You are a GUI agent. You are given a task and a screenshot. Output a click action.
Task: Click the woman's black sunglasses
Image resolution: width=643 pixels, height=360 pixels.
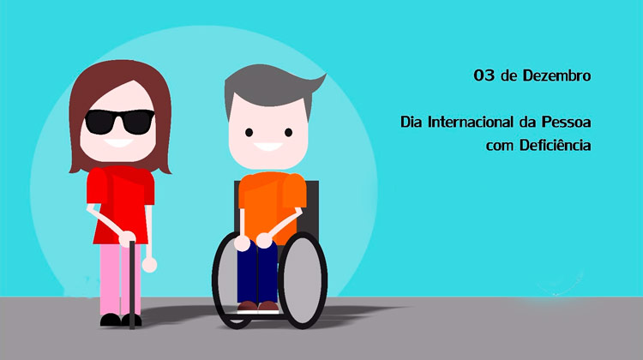(x=120, y=122)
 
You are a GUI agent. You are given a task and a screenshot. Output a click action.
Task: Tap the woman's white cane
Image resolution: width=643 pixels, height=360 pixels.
(x=132, y=285)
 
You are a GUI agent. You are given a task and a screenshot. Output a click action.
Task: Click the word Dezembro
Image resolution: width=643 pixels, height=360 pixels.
(x=556, y=75)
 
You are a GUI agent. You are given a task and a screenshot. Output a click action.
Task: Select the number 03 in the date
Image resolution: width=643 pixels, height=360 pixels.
(x=484, y=75)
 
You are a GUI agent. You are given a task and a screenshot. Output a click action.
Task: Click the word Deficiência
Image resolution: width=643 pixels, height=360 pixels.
(x=555, y=145)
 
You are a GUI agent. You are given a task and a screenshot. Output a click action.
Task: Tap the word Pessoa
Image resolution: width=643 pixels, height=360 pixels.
(x=566, y=122)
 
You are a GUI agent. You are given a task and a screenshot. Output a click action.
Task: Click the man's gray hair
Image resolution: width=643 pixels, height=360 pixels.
(x=270, y=86)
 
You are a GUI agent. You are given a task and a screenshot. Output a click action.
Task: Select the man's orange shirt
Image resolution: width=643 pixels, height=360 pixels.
(x=272, y=204)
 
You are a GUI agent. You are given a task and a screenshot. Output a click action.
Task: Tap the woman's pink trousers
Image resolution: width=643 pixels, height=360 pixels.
(x=120, y=279)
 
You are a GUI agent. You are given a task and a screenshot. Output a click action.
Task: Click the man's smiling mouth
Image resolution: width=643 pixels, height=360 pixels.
(x=267, y=147)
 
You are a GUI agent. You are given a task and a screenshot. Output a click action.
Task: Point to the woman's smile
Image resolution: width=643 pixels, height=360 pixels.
(x=118, y=142)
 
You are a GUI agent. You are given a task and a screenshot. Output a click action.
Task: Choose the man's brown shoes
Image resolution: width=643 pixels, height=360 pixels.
(x=258, y=306)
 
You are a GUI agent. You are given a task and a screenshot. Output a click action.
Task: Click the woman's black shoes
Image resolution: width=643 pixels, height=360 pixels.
(x=121, y=320)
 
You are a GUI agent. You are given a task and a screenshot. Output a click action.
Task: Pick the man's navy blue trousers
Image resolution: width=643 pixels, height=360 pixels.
(x=257, y=273)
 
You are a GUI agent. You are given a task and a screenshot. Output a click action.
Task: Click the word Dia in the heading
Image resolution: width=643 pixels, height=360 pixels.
(x=412, y=122)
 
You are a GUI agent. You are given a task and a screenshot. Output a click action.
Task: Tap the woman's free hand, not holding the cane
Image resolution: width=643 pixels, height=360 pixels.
(x=149, y=265)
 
